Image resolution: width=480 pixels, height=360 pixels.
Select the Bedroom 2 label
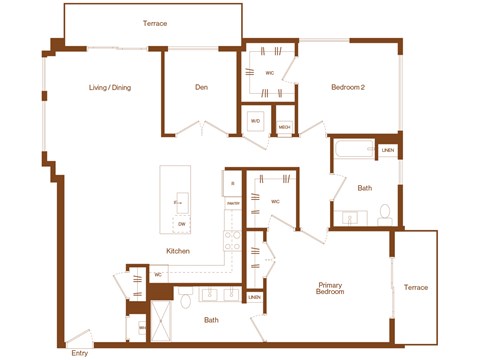coord(347,87)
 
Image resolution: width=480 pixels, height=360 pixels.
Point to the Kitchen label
coord(178,251)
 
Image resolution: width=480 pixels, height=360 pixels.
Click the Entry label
coord(78,353)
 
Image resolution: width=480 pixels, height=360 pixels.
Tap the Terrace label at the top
coord(155,23)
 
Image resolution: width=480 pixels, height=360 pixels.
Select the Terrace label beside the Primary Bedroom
coord(415,287)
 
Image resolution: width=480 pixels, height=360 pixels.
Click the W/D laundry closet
coord(255,121)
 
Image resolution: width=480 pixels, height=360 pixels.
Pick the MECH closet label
coord(285,127)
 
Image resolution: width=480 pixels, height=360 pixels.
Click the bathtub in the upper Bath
coord(355,151)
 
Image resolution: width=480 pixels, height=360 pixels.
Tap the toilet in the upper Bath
coord(384,213)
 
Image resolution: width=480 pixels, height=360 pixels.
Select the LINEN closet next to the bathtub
coord(388,150)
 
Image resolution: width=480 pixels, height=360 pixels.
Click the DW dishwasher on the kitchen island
coord(181,223)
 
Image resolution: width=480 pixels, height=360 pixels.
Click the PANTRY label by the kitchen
coord(232,203)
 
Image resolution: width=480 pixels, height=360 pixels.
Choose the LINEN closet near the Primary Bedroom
coord(255,298)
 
